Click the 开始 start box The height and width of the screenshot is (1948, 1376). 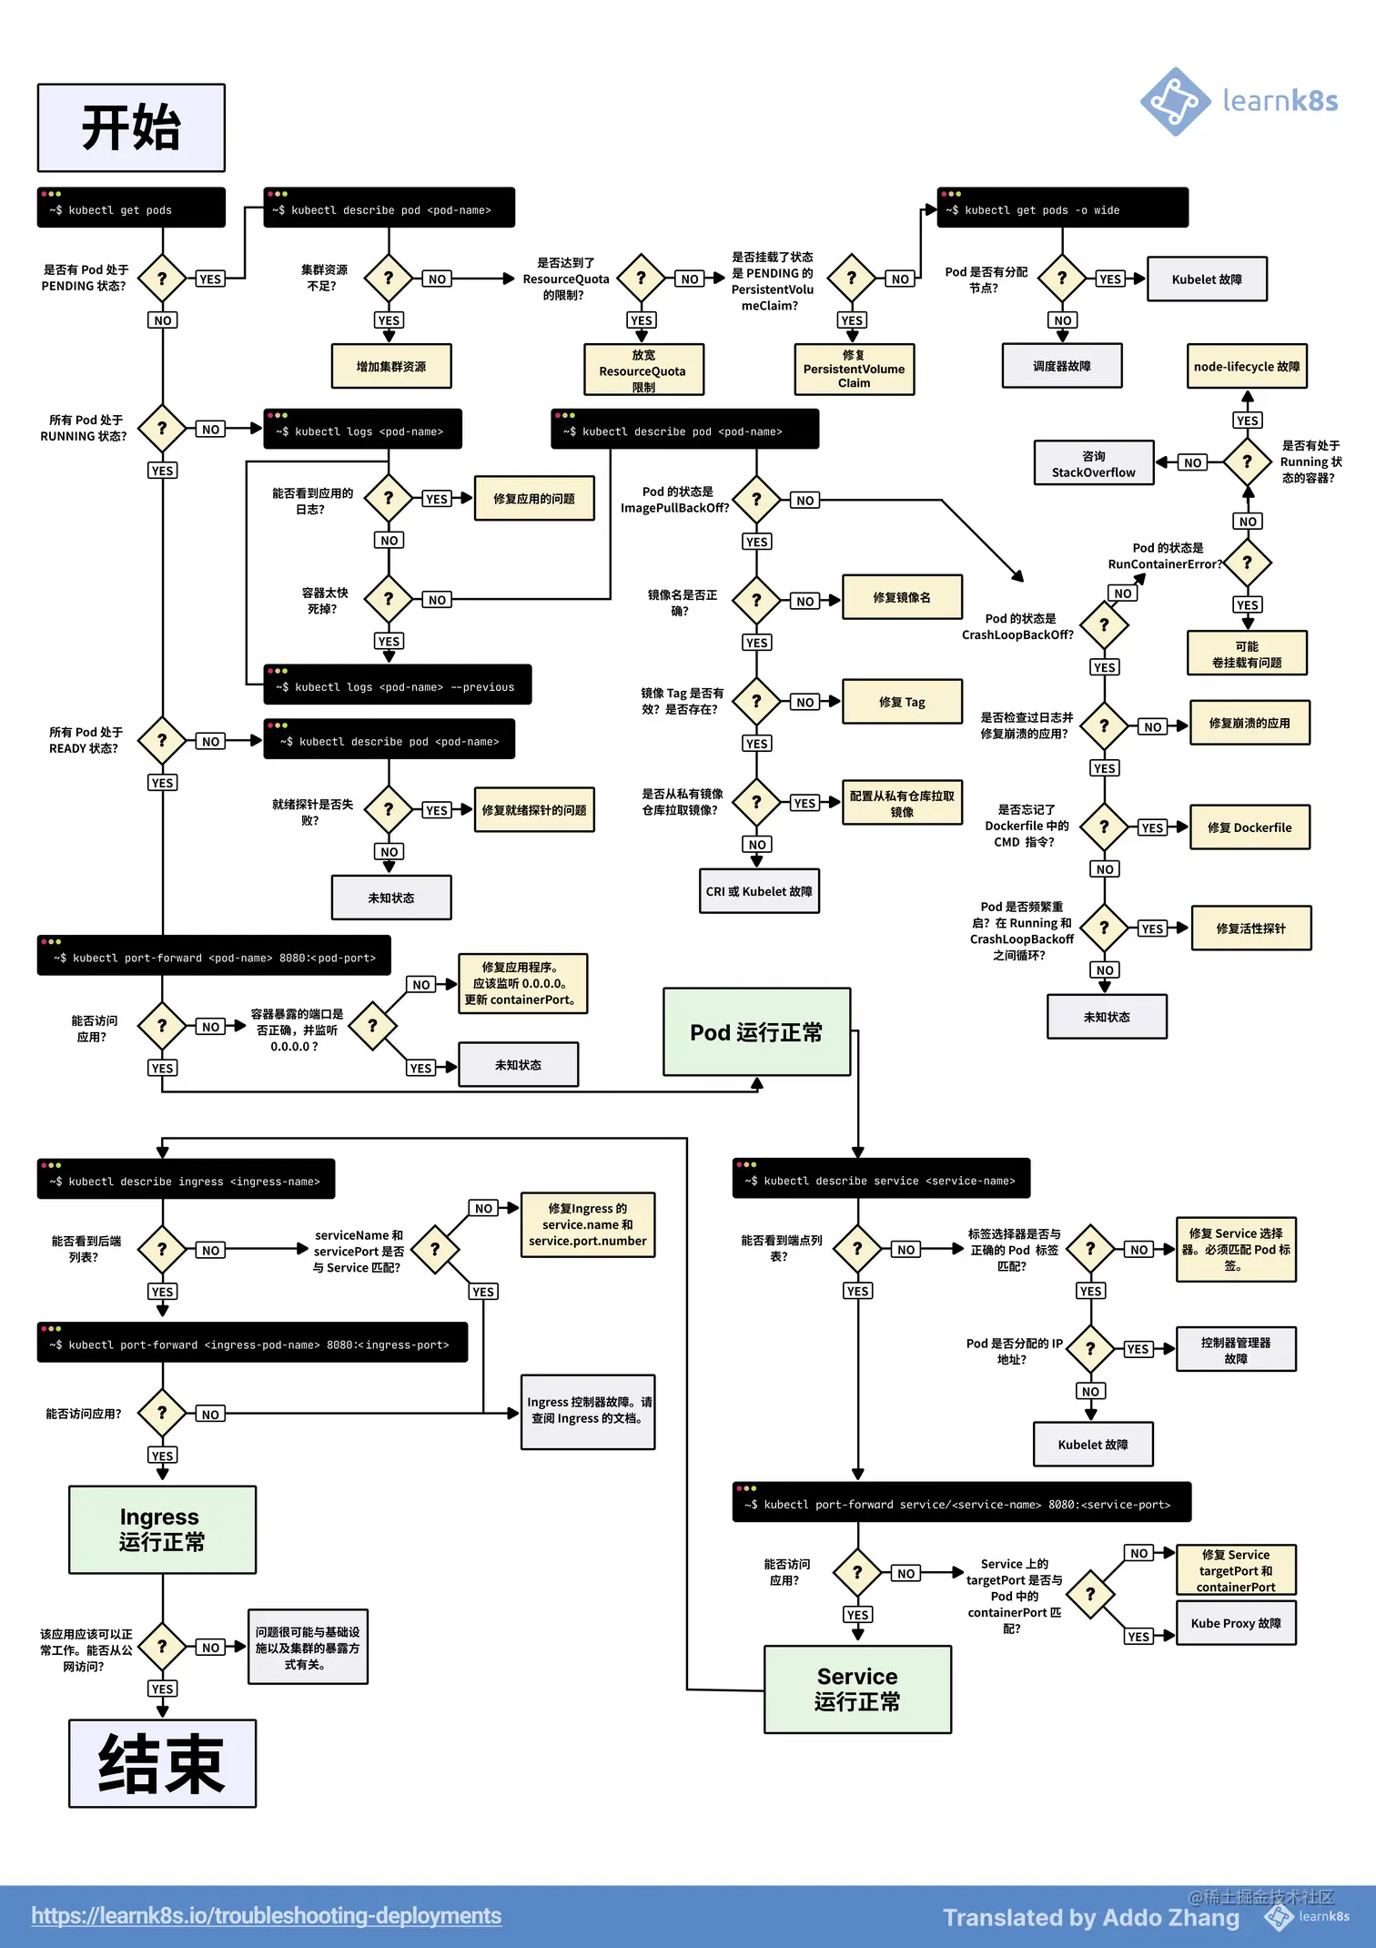(131, 127)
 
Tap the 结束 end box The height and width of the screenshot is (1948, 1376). (162, 1763)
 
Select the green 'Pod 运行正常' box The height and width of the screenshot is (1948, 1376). (756, 1032)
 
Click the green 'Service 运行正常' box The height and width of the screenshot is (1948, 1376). (857, 1689)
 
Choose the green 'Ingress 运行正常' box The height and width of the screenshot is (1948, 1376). (162, 1529)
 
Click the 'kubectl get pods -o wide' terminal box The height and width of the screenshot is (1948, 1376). (1062, 208)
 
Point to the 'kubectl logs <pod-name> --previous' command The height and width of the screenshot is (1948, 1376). (398, 685)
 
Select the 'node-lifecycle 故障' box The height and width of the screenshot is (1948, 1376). (1247, 367)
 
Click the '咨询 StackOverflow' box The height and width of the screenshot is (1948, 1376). (1093, 463)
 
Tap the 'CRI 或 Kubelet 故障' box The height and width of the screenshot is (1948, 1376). (759, 891)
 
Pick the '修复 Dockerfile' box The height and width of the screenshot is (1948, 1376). (1250, 827)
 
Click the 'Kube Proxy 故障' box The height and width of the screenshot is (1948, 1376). (1235, 1623)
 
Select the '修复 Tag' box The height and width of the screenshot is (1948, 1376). (902, 702)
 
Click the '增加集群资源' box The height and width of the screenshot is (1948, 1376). (391, 367)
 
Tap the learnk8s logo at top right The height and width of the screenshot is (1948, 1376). (1239, 101)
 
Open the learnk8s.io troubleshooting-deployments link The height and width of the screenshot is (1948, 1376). (266, 1915)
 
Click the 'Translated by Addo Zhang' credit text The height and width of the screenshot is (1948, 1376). (1090, 1917)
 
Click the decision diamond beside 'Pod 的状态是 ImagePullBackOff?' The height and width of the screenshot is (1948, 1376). (756, 499)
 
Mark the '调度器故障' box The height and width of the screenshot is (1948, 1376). (1061, 366)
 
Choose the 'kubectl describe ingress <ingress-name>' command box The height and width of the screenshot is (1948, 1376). (186, 1180)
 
